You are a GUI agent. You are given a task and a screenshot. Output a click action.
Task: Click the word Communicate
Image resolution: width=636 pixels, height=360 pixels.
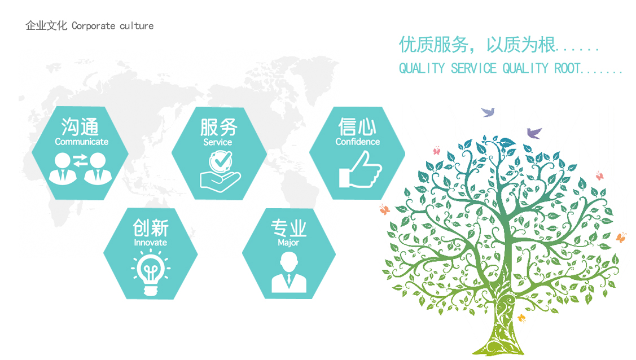81,142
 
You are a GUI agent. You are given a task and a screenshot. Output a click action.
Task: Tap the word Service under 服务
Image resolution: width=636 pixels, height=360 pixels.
217,142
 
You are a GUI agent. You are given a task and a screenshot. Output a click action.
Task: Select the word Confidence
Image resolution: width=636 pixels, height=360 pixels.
357,142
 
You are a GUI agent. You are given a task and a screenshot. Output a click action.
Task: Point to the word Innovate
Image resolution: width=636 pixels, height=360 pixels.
151,243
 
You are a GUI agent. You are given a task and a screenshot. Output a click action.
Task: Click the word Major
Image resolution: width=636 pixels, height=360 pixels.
288,243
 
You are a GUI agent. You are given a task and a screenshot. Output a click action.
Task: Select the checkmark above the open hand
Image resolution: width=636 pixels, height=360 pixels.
221,161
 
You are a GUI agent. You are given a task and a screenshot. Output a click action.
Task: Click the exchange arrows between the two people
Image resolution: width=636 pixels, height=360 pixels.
80,161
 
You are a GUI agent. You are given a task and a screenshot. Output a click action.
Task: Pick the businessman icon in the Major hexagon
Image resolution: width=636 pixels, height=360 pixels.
289,272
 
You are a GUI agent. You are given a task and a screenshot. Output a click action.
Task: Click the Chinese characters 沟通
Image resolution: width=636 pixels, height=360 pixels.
80,127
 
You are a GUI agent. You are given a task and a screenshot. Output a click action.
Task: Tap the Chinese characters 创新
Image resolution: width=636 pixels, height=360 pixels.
151,228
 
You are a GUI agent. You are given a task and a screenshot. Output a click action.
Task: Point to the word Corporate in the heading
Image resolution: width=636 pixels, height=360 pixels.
93,26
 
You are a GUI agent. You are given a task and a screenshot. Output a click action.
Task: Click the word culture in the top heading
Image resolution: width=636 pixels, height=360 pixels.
137,26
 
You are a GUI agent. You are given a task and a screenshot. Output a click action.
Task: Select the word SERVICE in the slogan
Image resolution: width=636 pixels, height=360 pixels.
473,68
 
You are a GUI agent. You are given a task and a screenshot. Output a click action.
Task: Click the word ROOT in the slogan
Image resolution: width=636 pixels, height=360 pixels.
567,68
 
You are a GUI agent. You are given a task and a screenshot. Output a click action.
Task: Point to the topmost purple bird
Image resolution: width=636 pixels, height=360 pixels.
488,112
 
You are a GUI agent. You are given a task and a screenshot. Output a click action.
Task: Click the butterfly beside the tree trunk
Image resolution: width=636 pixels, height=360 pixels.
521,319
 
